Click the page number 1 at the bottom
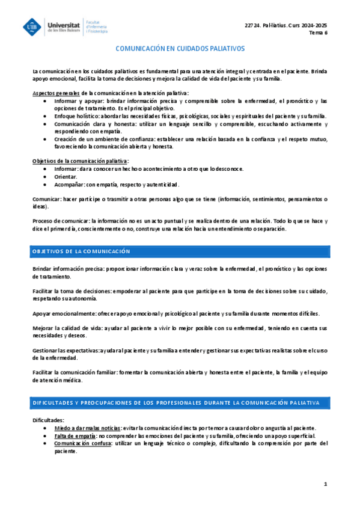[x=325, y=484]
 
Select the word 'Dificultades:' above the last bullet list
[x=48, y=420]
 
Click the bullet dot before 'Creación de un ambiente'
[x=47, y=139]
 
